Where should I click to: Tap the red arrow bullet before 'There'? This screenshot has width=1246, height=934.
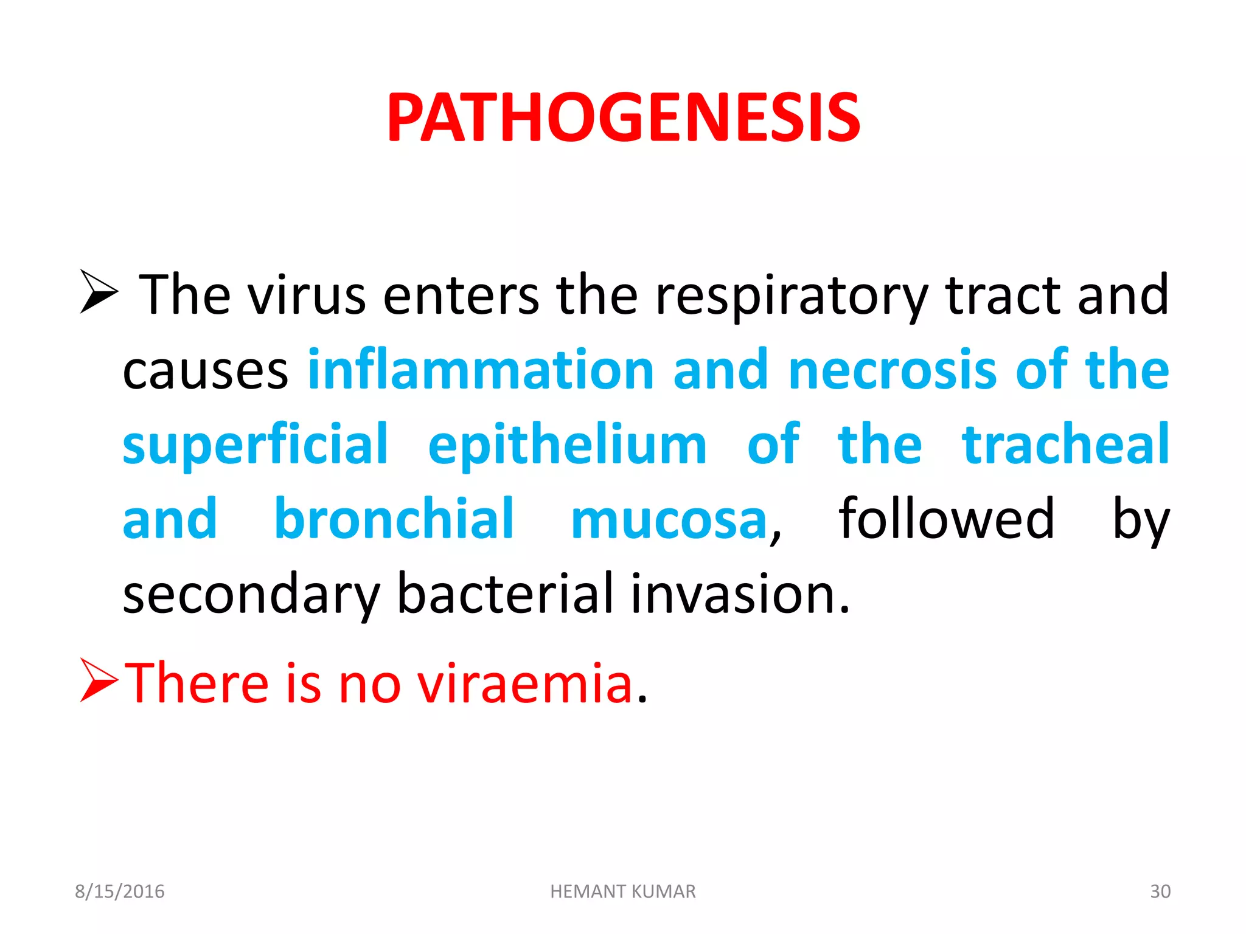pyautogui.click(x=99, y=680)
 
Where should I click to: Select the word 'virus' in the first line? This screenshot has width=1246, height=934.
pyautogui.click(x=307, y=296)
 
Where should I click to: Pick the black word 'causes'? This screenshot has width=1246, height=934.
pyautogui.click(x=205, y=371)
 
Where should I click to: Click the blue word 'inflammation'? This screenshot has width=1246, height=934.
pyautogui.click(x=481, y=370)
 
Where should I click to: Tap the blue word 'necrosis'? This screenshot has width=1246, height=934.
pyautogui.click(x=892, y=370)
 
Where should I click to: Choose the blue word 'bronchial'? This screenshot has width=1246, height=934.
pyautogui.click(x=394, y=519)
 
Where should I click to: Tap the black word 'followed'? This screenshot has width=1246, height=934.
pyautogui.click(x=946, y=519)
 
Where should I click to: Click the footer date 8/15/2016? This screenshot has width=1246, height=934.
pyautogui.click(x=120, y=891)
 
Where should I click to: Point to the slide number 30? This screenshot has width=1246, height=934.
pyautogui.click(x=1160, y=891)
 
